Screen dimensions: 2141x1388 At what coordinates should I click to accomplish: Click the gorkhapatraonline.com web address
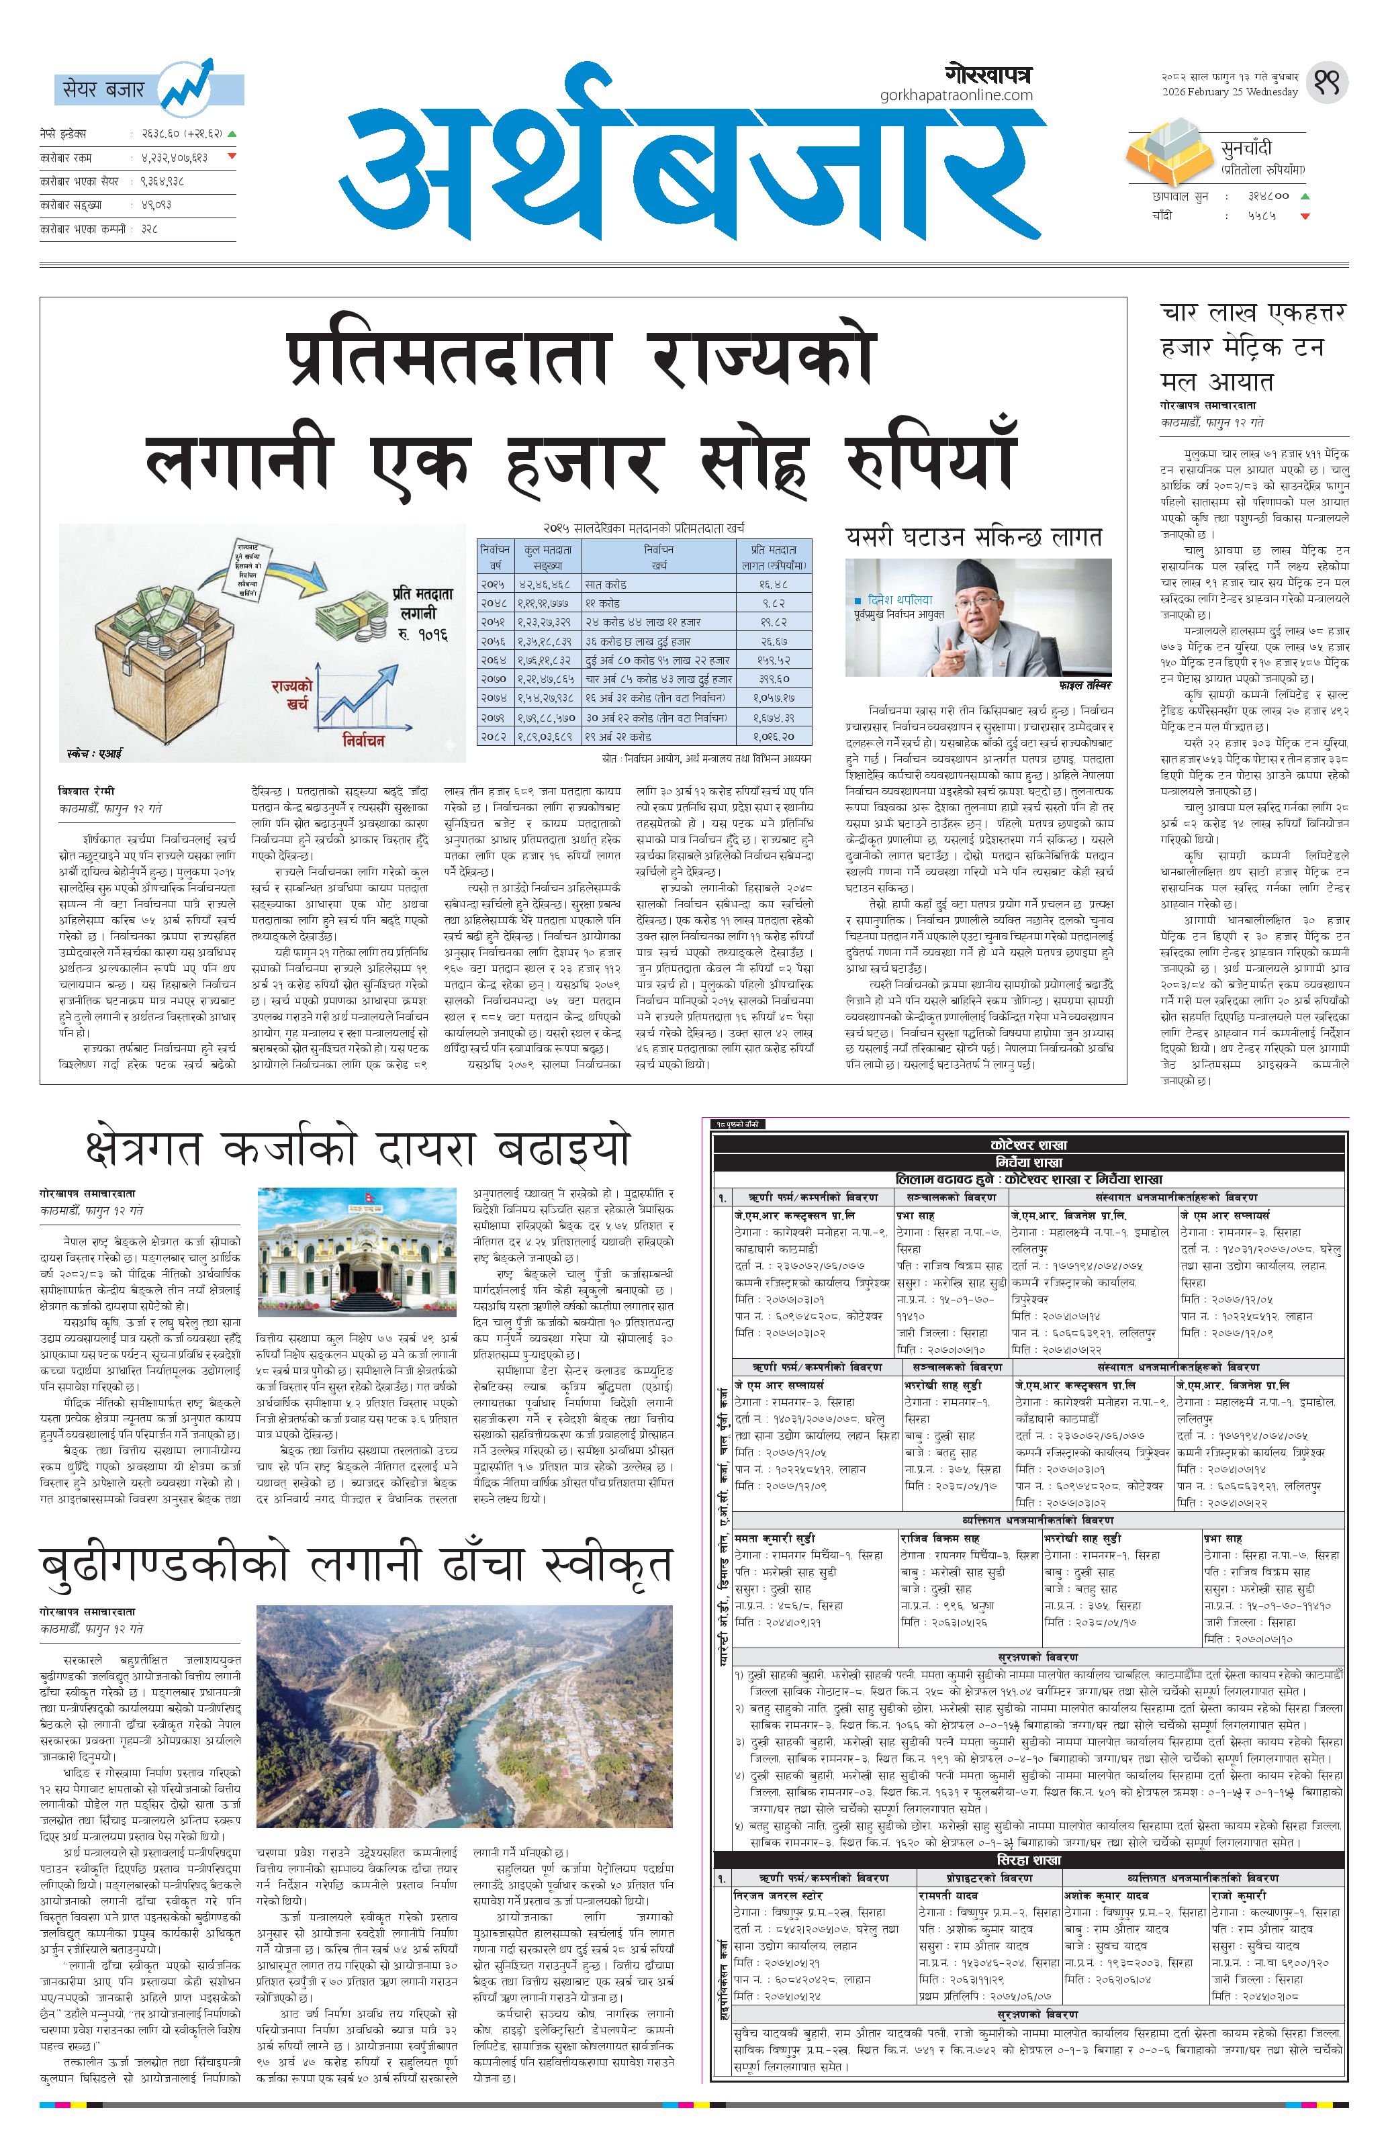point(956,95)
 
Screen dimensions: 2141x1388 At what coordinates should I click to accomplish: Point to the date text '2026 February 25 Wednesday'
point(1229,93)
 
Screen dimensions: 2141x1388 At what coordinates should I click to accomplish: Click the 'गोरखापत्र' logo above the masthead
point(988,74)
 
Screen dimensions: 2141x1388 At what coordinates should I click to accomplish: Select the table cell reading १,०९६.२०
point(776,736)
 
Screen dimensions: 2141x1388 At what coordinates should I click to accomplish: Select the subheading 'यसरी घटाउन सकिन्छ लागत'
point(973,537)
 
